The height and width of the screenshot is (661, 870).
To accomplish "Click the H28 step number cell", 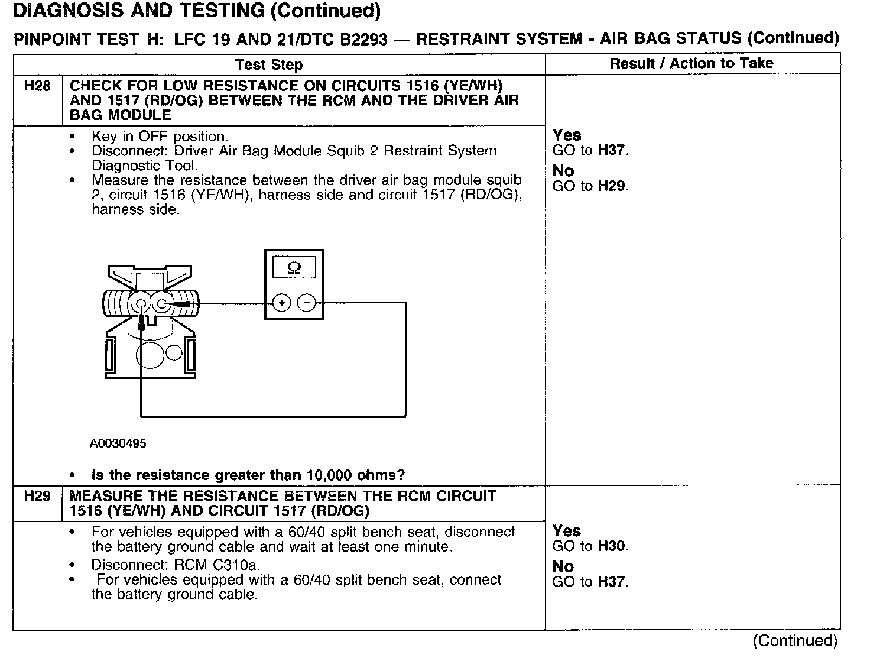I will pos(37,86).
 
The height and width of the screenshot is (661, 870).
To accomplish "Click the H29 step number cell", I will pos(37,496).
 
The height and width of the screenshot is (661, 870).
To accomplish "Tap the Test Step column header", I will pos(269,64).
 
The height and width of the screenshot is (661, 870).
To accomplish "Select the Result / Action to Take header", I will pos(692,63).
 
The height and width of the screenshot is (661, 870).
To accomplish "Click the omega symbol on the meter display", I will pos(294,268).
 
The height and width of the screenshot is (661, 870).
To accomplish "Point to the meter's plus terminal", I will pos(282,303).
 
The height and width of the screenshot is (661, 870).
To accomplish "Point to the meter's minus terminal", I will pos(307,303).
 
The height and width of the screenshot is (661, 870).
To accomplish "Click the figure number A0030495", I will pos(118,443).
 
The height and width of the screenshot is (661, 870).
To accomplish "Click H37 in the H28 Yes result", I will pos(611,150).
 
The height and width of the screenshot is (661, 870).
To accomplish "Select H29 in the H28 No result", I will pos(611,186).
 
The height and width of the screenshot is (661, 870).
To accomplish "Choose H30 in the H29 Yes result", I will pos(611,546).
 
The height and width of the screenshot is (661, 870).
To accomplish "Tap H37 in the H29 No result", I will pos(611,582).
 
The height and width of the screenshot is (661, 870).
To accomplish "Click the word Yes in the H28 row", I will pos(567,135).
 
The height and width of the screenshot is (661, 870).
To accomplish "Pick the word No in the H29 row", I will pos(563,566).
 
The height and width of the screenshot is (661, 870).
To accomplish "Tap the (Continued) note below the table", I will pos(795,641).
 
